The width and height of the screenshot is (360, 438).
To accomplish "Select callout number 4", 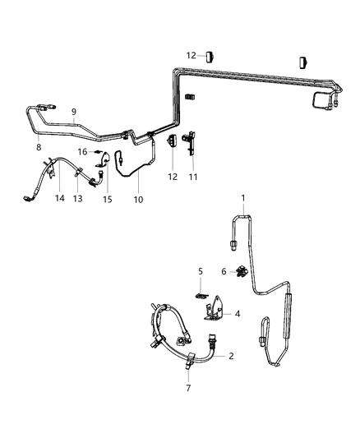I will pyautogui.click(x=238, y=314).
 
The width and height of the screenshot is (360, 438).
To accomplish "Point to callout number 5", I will pyautogui.click(x=199, y=270).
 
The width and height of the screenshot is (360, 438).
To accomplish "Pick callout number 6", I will pyautogui.click(x=224, y=270).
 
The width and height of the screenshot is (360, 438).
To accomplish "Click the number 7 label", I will pyautogui.click(x=188, y=387).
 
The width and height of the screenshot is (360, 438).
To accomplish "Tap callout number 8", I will pyautogui.click(x=39, y=147).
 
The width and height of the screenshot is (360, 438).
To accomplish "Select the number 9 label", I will pyautogui.click(x=73, y=112).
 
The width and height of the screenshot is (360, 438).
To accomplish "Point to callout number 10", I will pyautogui.click(x=138, y=199).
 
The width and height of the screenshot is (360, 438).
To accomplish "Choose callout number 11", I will pyautogui.click(x=194, y=176).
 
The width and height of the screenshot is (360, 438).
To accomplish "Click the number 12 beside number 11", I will pyautogui.click(x=173, y=176).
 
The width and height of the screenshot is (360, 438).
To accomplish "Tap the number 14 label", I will pyautogui.click(x=58, y=198).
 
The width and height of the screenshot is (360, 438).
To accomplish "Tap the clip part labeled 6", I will pyautogui.click(x=242, y=271).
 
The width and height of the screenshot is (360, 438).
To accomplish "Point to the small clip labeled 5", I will pyautogui.click(x=201, y=291).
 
